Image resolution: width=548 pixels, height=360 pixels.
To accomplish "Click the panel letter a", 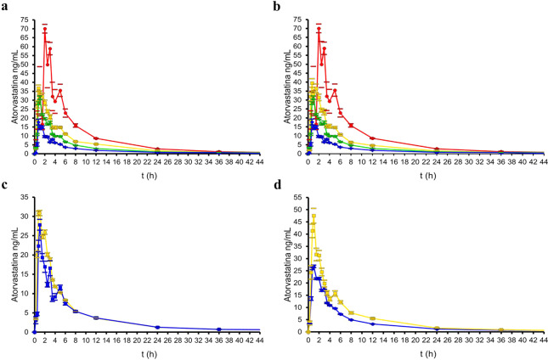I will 5,6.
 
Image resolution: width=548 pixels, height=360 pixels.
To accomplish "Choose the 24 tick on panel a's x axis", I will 157,160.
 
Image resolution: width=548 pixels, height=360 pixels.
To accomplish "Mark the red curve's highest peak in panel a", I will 45,30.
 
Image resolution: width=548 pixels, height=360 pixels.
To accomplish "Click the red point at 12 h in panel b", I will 370,138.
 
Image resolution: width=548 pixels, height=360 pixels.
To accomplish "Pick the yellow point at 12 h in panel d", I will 370,318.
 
